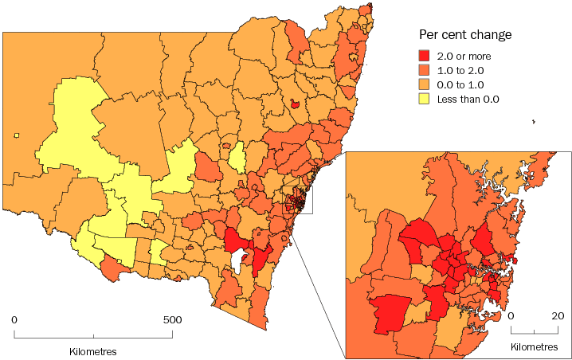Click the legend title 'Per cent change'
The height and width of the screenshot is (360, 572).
tap(465, 36)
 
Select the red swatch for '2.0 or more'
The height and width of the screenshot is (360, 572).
tap(425, 56)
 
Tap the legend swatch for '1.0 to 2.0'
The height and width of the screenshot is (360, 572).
tap(425, 70)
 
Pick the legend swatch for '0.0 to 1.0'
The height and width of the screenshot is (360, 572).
tap(425, 84)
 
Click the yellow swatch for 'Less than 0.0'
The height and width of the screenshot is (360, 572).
tap(425, 99)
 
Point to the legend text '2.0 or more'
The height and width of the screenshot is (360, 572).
tap(464, 56)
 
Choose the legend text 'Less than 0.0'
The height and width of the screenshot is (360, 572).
tap(469, 99)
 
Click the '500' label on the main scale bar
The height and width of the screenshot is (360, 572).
tap(171, 319)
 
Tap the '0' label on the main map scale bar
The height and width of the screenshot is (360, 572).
tap(14, 319)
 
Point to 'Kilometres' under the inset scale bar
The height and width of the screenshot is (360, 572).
tap(534, 347)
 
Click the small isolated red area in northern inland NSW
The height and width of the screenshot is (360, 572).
tap(295, 103)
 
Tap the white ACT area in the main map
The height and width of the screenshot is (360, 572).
tap(237, 260)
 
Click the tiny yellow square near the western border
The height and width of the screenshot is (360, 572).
tap(16, 135)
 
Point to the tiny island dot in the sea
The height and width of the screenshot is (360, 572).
tap(533, 122)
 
